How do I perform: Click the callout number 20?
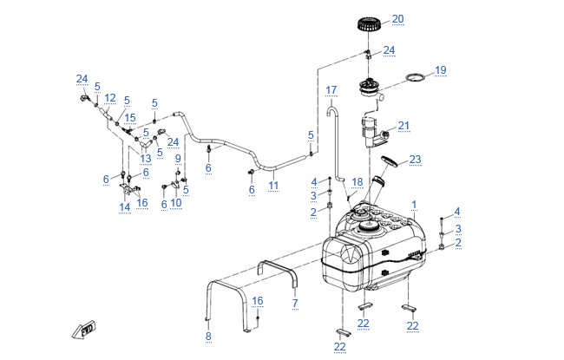(397, 18)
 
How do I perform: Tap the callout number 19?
(440, 69)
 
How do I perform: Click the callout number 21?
(403, 126)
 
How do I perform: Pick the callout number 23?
(415, 159)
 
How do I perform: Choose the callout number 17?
(331, 89)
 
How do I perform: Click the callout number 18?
(357, 181)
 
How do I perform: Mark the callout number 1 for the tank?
(414, 205)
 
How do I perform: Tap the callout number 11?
(272, 186)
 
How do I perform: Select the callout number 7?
(294, 303)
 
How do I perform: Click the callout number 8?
(207, 336)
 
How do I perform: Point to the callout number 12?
(110, 98)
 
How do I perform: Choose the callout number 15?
(130, 118)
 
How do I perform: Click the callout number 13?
(146, 159)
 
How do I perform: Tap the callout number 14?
(125, 207)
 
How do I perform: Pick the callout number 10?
(176, 203)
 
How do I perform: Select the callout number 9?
(178, 159)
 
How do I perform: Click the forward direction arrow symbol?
(86, 329)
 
